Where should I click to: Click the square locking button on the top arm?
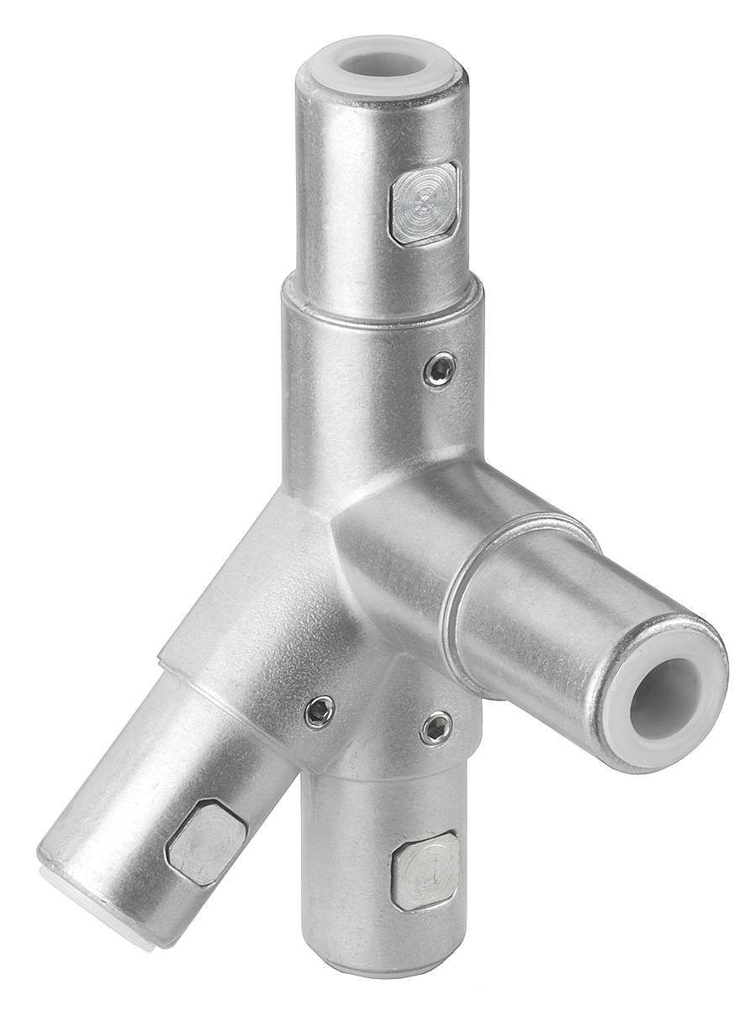[425, 203]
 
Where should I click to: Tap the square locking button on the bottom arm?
[425, 870]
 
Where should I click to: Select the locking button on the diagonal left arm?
[206, 841]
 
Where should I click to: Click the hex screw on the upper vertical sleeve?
[440, 370]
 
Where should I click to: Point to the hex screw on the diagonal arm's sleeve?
[320, 712]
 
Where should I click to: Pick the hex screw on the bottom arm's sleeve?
[436, 728]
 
